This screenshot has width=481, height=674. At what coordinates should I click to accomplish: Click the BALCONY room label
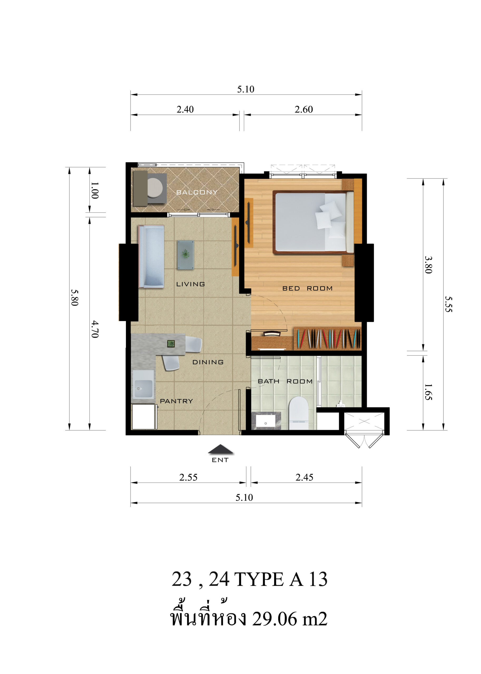point(197,192)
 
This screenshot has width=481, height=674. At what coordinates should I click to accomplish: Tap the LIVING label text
point(190,284)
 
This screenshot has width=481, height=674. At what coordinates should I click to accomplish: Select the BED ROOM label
point(307,288)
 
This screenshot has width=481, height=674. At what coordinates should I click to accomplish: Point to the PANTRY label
point(176,401)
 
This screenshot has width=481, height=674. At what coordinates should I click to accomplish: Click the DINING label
point(208,362)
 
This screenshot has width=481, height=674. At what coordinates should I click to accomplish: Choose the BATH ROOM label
point(285,381)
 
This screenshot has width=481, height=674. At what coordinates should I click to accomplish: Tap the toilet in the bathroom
point(298,413)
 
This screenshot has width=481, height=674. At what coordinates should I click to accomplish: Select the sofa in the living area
point(151,256)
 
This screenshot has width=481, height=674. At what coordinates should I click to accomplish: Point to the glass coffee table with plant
point(186,255)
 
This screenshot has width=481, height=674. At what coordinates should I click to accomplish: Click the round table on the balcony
point(155,188)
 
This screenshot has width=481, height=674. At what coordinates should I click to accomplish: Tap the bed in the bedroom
point(313,222)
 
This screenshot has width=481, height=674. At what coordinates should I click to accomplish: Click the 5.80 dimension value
point(74,298)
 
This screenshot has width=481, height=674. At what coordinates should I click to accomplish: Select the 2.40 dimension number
point(185,110)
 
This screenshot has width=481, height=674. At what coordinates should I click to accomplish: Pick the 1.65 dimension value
point(428,392)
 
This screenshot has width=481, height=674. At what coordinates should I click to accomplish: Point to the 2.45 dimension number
point(304,477)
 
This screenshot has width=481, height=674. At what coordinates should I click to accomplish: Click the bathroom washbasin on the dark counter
point(266,421)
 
